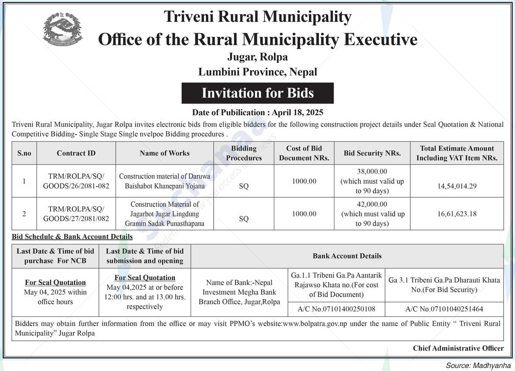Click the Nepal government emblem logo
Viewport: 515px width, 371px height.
(63, 30)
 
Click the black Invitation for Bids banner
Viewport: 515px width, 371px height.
(257, 93)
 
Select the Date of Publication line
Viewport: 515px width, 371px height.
(258, 113)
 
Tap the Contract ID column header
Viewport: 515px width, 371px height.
(76, 153)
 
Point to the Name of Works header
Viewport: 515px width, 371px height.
(164, 153)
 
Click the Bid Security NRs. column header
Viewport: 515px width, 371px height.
(372, 153)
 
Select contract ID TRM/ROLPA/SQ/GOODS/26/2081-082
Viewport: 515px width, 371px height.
(76, 181)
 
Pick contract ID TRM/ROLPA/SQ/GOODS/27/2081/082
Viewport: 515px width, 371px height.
(76, 214)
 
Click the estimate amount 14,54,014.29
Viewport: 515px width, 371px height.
(457, 186)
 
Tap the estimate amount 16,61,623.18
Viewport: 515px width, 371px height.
(457, 214)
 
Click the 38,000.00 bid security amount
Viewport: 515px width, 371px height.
(372, 172)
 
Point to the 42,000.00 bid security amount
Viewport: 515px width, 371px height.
(372, 204)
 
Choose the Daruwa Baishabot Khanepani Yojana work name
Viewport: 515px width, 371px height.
(164, 181)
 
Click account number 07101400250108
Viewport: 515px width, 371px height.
(336, 309)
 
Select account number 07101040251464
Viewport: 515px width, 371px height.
(444, 309)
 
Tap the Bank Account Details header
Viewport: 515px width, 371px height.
(347, 256)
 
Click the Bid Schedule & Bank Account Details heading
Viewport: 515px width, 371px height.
(72, 237)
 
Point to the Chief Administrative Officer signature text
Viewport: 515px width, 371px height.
(458, 348)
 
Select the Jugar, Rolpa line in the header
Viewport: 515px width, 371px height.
(257, 57)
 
